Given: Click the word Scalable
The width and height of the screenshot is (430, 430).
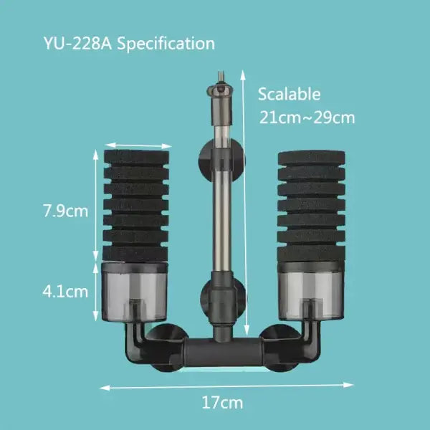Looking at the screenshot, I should pyautogui.click(x=290, y=94).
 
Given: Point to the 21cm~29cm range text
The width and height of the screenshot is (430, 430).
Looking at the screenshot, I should pyautogui.click(x=307, y=118).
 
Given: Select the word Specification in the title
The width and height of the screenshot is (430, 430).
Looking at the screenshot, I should pyautogui.click(x=166, y=43).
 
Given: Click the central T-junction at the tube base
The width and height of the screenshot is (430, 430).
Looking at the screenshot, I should pyautogui.click(x=219, y=350).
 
